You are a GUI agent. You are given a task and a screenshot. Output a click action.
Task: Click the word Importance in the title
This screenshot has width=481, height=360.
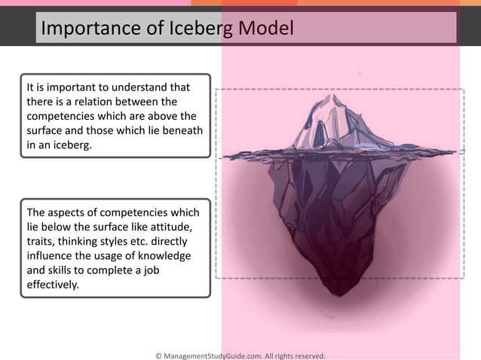click(83, 29)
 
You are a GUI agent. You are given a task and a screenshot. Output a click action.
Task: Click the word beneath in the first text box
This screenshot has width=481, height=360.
click(176, 130)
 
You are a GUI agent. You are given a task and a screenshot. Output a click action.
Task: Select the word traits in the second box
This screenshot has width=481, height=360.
click(40, 242)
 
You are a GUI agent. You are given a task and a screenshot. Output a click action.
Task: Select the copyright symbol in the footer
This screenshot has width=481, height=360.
click(158, 354)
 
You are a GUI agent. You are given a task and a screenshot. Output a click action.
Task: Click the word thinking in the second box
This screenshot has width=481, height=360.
click(87, 242)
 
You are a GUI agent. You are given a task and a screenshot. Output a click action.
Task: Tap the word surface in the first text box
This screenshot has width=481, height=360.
click(47, 130)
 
